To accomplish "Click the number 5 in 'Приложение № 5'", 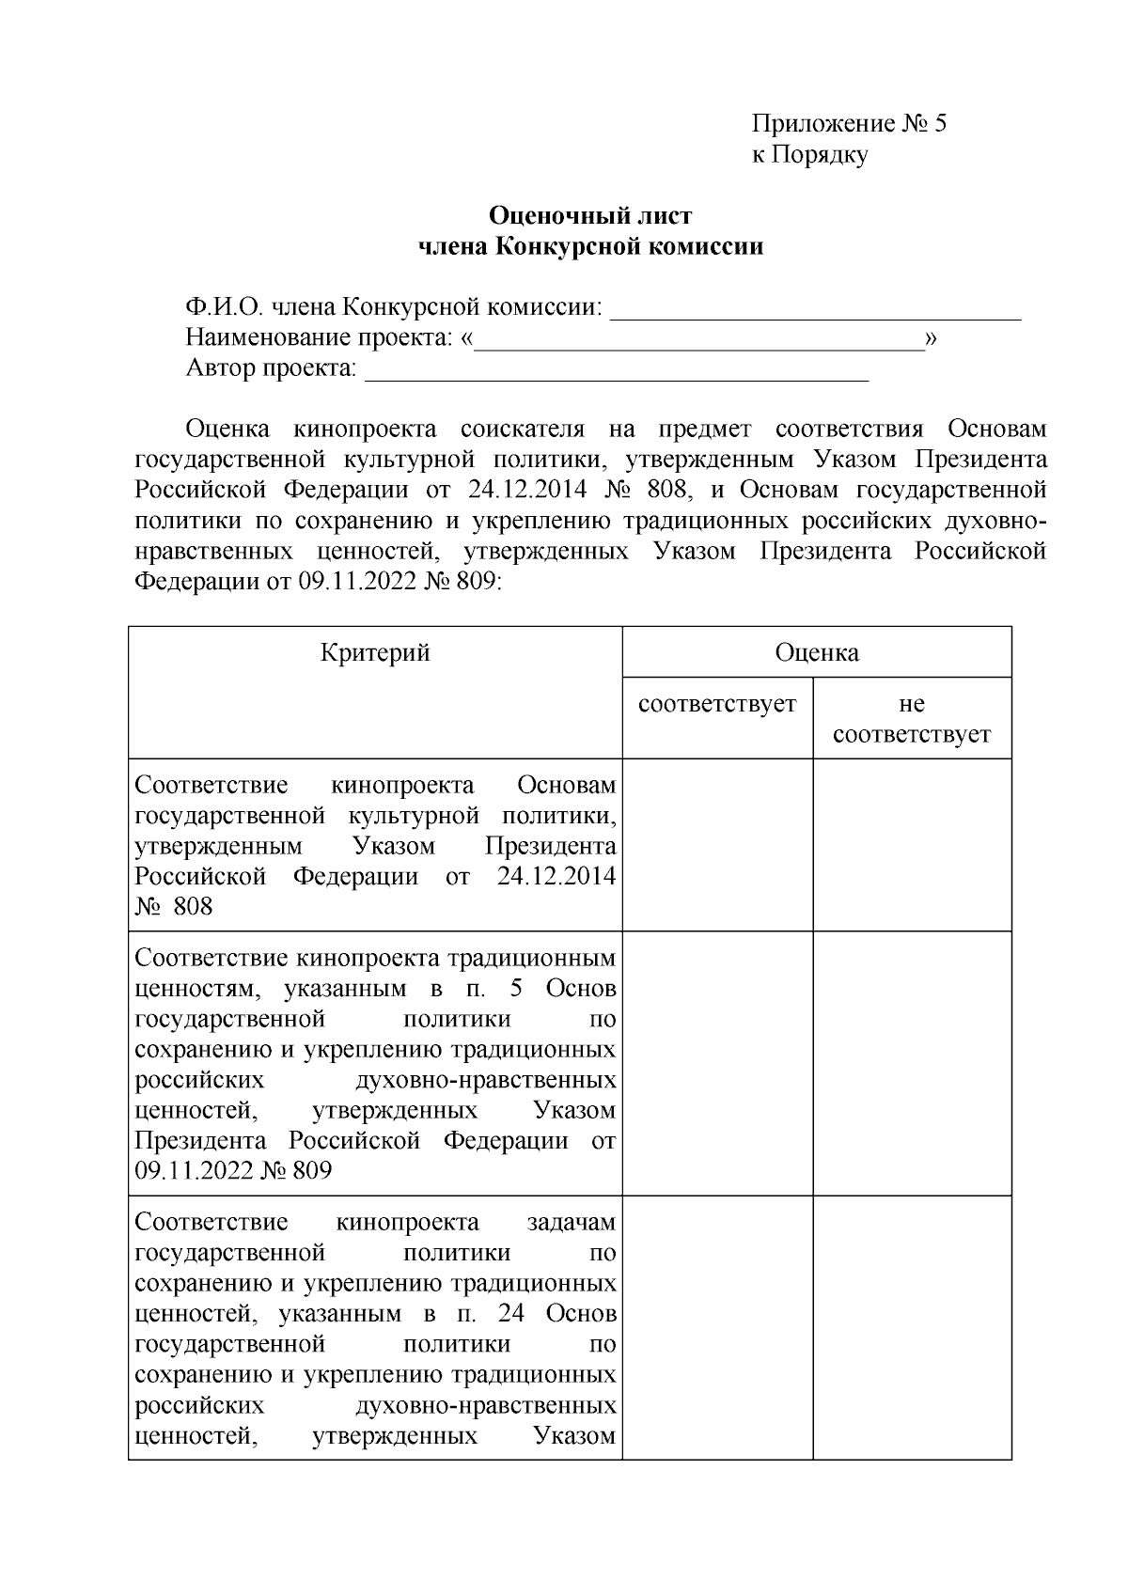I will point(939,123).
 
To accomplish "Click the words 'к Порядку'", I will point(808,154).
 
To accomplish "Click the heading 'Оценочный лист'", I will point(589,216).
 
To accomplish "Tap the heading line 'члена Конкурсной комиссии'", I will point(589,247).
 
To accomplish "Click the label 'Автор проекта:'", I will point(271,367).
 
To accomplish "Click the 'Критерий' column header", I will point(375,652).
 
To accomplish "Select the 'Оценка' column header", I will point(816,652).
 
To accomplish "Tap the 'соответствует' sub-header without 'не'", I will point(716,704).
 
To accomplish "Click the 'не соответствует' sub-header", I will point(911,719).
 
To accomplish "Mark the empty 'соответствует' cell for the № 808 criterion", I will point(716,844).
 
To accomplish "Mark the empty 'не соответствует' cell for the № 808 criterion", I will point(911,844).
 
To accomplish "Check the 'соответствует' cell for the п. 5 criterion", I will point(716,1062).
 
